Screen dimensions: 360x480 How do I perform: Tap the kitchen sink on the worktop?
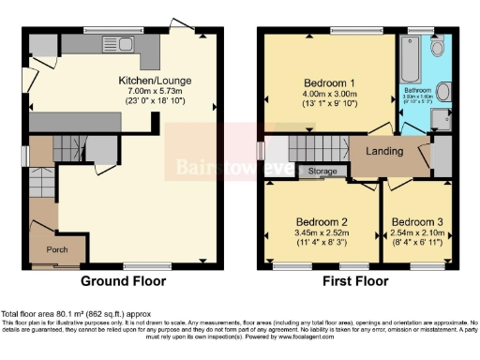click(x=121, y=44)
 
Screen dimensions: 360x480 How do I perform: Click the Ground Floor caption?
click(x=123, y=281)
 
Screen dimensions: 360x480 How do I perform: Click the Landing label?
click(x=384, y=151)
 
